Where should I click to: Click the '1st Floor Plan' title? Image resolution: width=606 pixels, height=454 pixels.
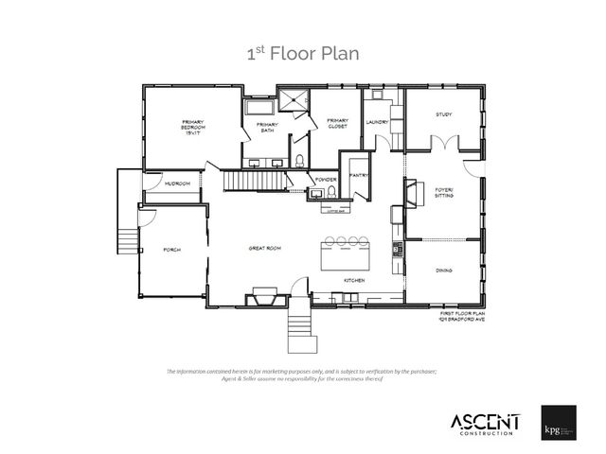tap(302, 54)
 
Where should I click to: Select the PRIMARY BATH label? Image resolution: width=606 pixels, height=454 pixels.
tap(267, 127)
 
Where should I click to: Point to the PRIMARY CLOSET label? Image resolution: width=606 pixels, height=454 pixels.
tap(338, 123)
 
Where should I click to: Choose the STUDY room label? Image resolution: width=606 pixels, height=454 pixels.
tap(443, 114)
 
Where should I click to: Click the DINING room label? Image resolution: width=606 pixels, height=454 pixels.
tap(444, 271)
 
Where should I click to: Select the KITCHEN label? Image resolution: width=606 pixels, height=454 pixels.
tap(354, 281)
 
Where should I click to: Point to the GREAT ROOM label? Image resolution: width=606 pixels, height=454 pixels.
tap(265, 249)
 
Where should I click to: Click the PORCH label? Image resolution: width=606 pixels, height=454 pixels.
tap(171, 250)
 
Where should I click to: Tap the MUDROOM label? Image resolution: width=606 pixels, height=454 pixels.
tap(177, 183)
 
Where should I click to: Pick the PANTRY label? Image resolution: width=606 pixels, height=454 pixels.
tap(358, 175)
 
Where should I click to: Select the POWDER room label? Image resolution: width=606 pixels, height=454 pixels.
tap(326, 179)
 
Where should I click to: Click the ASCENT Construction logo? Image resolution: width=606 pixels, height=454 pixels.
tap(483, 422)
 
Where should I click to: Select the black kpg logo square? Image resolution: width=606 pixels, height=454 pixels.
tap(560, 421)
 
